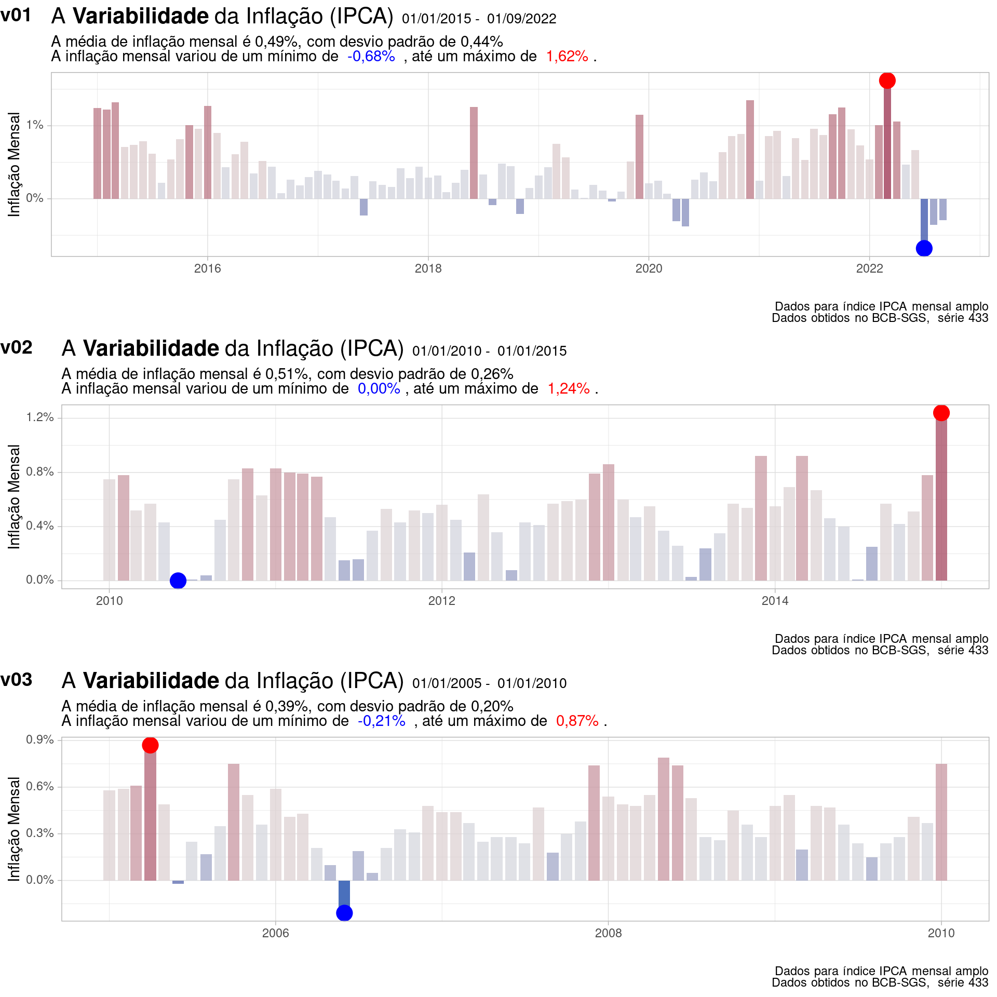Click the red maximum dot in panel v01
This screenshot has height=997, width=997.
[887, 80]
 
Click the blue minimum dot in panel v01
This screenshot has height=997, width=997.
[924, 248]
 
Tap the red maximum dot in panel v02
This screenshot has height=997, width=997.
[941, 413]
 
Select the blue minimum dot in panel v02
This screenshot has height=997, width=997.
[178, 581]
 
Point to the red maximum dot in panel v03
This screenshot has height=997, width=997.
[150, 745]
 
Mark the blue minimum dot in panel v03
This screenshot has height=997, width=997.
[344, 913]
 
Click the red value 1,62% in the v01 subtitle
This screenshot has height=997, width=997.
[567, 56]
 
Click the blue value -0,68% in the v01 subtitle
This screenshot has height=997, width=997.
[371, 56]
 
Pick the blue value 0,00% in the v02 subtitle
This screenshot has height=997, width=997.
[379, 388]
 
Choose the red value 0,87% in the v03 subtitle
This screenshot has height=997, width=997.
[577, 721]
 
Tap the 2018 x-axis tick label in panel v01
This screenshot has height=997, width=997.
[428, 268]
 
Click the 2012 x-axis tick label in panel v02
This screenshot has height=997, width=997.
[441, 601]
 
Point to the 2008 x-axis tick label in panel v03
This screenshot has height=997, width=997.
[608, 933]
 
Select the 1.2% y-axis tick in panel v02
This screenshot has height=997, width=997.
[40, 417]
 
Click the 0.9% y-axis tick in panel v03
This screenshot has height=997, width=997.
[40, 739]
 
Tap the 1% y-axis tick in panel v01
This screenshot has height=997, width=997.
[35, 125]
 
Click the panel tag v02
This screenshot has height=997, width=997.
[17, 347]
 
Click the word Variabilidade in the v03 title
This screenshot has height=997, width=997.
[151, 681]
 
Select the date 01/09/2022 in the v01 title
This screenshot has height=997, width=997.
[521, 19]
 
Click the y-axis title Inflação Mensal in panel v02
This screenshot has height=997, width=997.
[14, 496]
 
